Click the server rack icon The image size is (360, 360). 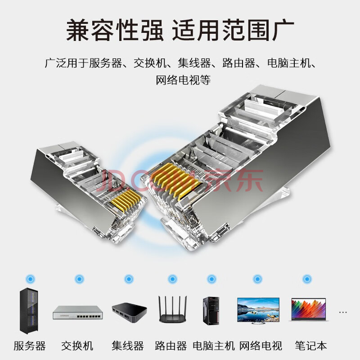[x=29, y=310]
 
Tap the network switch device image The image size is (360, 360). [x=78, y=312]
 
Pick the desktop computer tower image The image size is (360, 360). [x=211, y=310]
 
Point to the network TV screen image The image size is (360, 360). [x=258, y=310]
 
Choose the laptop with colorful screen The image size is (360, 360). [x=309, y=310]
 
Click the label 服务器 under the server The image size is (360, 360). [x=29, y=346]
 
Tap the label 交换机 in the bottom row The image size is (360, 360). [x=77, y=346]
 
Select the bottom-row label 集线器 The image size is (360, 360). [x=128, y=346]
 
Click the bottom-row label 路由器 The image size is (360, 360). [x=171, y=346]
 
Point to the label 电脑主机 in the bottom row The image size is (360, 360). [x=214, y=346]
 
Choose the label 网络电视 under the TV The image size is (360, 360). [x=261, y=346]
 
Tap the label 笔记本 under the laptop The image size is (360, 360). [x=310, y=346]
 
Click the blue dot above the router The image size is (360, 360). [x=172, y=279]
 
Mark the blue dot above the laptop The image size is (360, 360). [x=307, y=279]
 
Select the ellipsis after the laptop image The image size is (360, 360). [x=342, y=312]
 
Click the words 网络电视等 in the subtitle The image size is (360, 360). [x=183, y=80]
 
